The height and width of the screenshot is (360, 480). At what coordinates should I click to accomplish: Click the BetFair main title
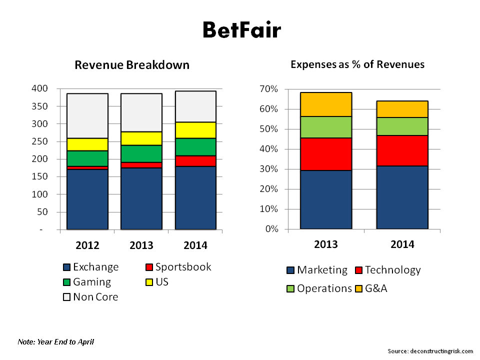click(x=241, y=30)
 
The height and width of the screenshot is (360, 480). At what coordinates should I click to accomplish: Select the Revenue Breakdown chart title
click(x=132, y=65)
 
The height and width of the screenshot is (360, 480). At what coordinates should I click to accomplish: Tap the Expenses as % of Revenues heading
click(x=357, y=64)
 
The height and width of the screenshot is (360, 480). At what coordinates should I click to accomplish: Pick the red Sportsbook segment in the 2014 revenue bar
click(x=195, y=161)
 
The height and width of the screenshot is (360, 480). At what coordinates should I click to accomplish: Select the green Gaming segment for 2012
click(x=87, y=158)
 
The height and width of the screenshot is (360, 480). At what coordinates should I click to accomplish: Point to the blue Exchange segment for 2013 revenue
click(x=141, y=198)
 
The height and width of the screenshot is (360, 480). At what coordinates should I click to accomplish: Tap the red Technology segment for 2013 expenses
click(x=325, y=154)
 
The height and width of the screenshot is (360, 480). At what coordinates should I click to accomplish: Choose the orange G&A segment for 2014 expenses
click(x=402, y=109)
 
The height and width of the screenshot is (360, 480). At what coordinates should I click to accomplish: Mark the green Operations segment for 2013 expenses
click(x=325, y=127)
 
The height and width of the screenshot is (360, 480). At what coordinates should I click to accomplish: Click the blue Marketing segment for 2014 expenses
click(x=402, y=197)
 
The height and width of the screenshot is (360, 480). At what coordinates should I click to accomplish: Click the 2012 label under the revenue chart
click(x=87, y=245)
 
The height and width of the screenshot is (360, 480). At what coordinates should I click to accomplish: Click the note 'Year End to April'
click(x=55, y=342)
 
